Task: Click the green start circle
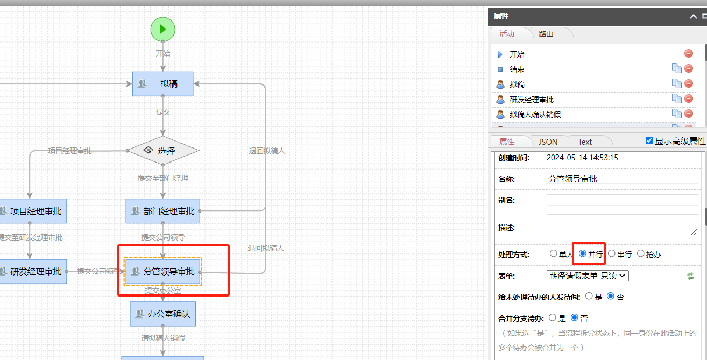[x=162, y=29]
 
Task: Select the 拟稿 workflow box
[x=162, y=83]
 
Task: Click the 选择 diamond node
[x=163, y=151]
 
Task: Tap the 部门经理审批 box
[x=163, y=211]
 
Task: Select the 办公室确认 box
[x=162, y=314]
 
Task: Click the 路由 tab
[x=546, y=33]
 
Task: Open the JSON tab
[x=548, y=142]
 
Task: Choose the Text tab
[x=585, y=142]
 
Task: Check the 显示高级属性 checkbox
[x=649, y=140]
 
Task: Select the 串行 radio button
[x=612, y=253]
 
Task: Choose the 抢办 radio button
[x=641, y=253]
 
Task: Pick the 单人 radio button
[x=554, y=253]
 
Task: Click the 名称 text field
[x=622, y=179]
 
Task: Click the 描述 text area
[x=622, y=225]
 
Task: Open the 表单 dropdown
[x=588, y=276]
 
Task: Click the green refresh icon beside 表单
[x=691, y=276]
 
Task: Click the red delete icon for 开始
[x=689, y=53]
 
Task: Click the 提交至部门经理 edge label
[x=163, y=178]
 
